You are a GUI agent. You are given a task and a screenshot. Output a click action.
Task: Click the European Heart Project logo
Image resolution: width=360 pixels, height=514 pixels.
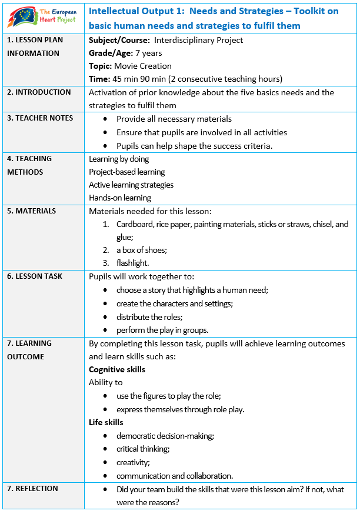[42, 18]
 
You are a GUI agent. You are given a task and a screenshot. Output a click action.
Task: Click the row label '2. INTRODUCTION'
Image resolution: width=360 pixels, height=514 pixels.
[39, 92]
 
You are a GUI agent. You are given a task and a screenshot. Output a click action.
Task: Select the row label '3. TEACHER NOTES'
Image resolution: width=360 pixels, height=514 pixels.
[40, 118]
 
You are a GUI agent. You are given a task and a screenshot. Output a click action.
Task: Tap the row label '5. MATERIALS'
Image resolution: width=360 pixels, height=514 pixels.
[32, 211]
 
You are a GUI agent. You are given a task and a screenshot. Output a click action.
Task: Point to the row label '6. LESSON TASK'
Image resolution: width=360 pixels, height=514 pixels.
[35, 276]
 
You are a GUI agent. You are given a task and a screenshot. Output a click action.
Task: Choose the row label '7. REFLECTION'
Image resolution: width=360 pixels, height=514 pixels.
[32, 489]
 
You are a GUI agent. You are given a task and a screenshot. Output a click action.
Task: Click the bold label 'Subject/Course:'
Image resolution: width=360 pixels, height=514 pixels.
[119, 41]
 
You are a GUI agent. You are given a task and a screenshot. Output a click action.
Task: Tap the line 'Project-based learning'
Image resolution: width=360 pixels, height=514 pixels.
[127, 172]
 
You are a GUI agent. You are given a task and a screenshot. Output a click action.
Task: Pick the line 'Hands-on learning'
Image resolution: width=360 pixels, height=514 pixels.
[120, 198]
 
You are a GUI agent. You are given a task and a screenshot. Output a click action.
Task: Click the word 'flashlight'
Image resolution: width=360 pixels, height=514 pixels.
[132, 263]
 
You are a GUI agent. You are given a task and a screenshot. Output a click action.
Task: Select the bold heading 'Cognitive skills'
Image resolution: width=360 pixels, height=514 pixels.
[117, 370]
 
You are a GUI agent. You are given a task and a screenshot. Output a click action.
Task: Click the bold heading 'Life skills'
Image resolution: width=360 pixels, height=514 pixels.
[106, 423]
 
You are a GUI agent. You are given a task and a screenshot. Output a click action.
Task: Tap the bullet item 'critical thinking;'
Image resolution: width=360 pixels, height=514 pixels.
[143, 449]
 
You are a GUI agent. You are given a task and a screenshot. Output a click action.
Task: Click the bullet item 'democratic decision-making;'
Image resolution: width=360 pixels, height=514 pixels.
[165, 436]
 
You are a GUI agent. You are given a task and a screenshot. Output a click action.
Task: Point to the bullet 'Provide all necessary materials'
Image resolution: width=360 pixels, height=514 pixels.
[174, 119]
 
